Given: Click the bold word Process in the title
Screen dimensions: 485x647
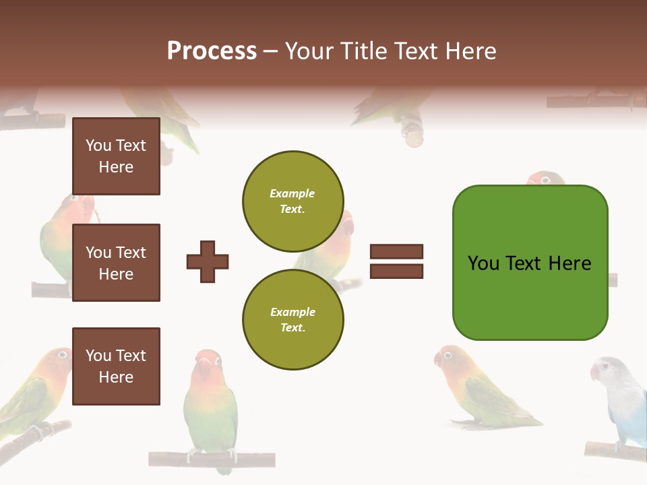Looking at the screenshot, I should tap(212, 51).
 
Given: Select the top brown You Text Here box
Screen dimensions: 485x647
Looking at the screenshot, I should tap(116, 156).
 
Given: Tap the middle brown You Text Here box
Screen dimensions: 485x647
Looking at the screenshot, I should tap(116, 263).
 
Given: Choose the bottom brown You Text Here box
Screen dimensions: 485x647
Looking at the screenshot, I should tap(116, 366).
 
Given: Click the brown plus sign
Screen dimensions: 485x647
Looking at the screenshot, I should tap(208, 261).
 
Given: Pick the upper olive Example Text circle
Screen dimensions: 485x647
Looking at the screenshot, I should tap(292, 201).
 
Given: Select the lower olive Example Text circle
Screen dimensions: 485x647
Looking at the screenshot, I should tap(292, 319).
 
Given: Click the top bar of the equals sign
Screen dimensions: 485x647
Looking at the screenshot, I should tap(396, 251).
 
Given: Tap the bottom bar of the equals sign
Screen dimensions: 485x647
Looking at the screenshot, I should tap(396, 271).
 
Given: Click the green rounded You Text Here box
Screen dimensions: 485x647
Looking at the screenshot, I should tap(530, 263).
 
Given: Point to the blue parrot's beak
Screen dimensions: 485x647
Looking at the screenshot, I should tap(595, 372).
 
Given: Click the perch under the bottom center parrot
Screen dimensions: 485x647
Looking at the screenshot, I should tap(212, 459).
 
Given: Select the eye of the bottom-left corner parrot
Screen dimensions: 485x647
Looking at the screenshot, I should tap(63, 354).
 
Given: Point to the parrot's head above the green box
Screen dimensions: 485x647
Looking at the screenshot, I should tap(546, 179).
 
